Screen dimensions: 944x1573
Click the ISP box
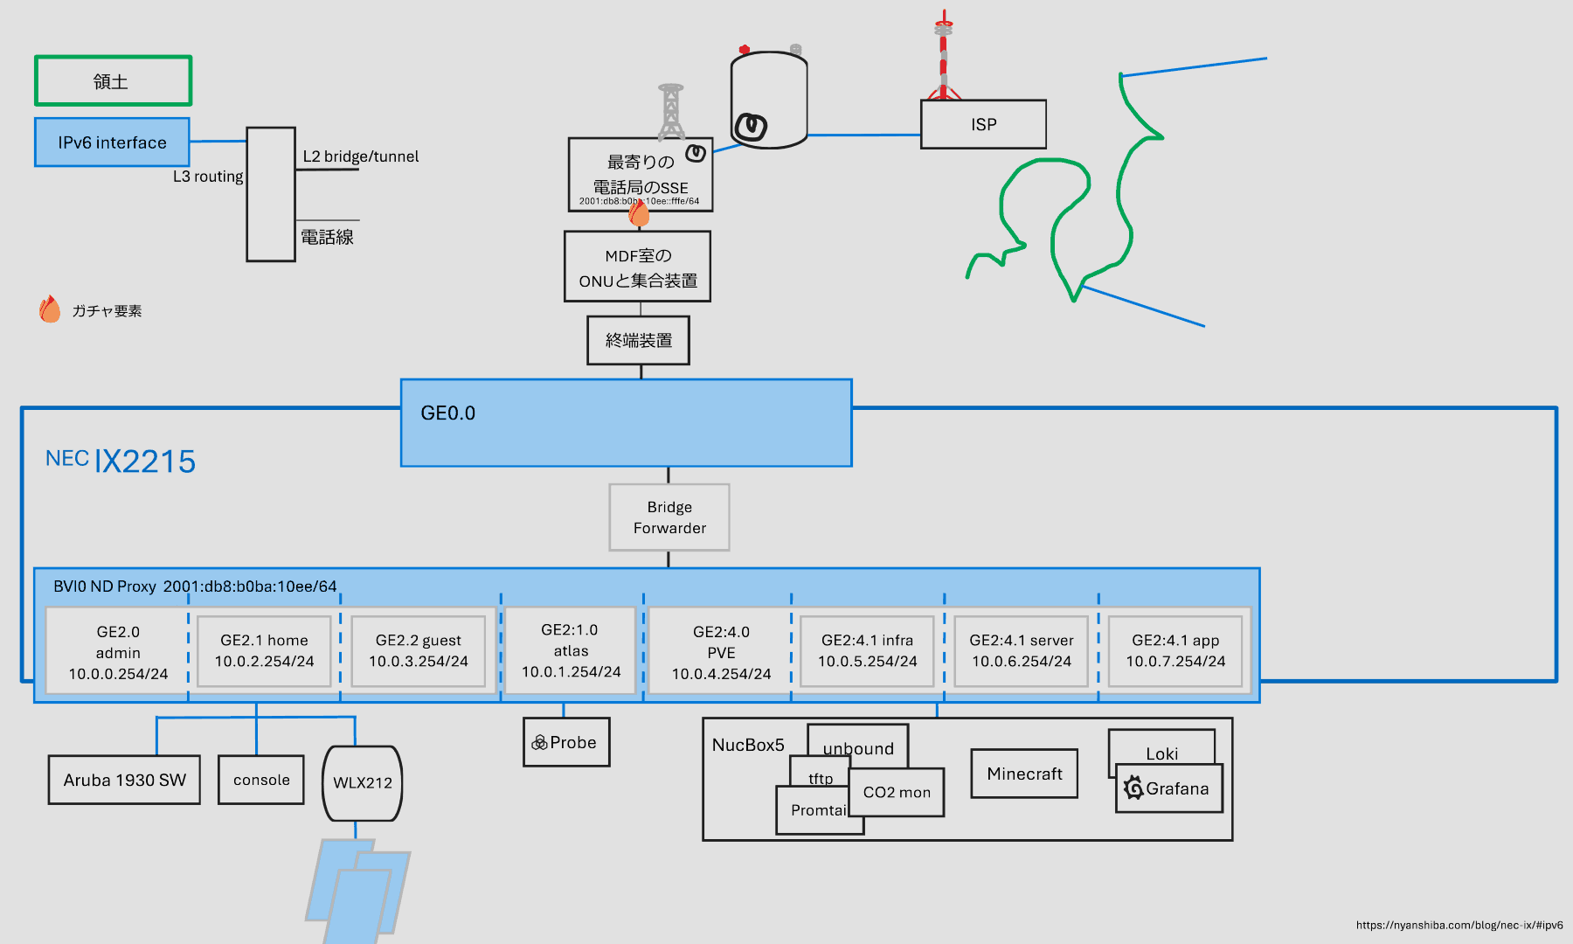point(983,124)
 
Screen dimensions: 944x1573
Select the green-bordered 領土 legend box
point(113,81)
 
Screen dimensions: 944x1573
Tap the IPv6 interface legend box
point(112,142)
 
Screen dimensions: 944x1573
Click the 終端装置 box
point(638,340)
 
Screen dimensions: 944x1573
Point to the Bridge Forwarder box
point(669,517)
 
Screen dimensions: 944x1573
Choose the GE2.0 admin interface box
point(118,652)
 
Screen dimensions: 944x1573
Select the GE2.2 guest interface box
point(418,651)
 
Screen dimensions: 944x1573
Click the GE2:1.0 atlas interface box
point(571,651)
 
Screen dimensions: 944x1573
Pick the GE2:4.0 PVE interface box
point(721,652)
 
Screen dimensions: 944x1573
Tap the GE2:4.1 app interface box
point(1175,651)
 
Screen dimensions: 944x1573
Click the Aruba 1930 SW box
point(124,780)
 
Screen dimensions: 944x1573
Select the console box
point(261,780)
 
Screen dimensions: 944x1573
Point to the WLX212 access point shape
point(363,783)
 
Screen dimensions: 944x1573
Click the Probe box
point(566,742)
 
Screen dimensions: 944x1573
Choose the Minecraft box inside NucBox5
point(1024,774)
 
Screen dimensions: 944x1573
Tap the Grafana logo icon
point(1133,788)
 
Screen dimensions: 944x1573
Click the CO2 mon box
point(897,792)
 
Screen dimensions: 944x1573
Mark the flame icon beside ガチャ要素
point(50,309)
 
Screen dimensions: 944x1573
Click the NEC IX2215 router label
point(121,461)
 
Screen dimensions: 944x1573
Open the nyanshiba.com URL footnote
point(1459,925)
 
